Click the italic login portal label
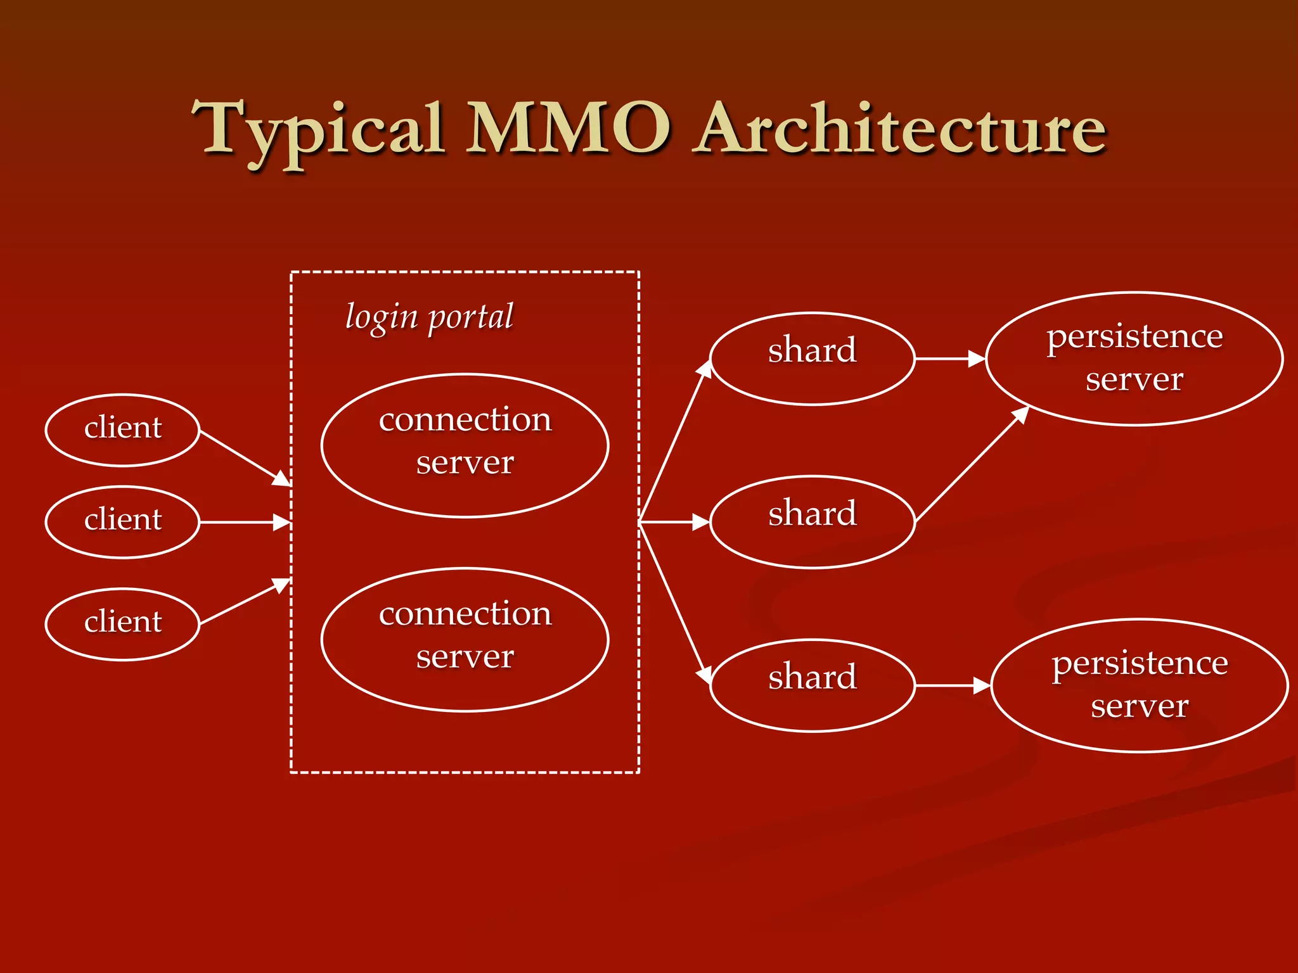point(429,317)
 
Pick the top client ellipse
point(122,430)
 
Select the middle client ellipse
point(122,522)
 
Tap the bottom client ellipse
point(122,624)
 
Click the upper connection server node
point(465,445)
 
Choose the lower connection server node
point(465,639)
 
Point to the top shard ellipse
point(812,359)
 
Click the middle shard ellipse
point(812,522)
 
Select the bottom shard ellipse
point(812,685)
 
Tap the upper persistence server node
point(1134,359)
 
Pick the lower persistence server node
point(1139,685)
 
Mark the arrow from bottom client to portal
point(245,602)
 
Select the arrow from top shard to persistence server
point(950,359)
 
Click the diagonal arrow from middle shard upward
point(972,464)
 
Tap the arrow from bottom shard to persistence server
point(953,685)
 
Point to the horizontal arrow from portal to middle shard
point(674,522)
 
